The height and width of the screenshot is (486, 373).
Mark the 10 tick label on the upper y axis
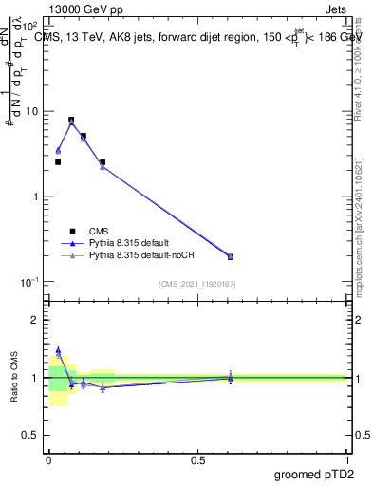coord(31,111)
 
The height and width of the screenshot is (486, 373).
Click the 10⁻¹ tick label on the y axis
coord(29,282)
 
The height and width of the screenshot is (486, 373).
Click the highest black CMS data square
coord(71,121)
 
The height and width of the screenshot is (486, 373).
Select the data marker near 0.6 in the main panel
coord(231,256)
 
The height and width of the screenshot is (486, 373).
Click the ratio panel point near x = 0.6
coord(231,378)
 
